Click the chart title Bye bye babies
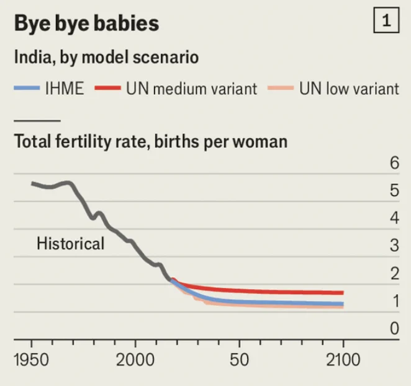pos(86,24)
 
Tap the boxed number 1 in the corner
pos(386,20)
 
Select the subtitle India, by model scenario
pos(106,57)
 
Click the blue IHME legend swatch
pos(27,88)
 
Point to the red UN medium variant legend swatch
pos(108,88)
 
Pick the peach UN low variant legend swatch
pos(281,88)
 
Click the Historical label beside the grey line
pos(71,243)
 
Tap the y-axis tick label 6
pos(394,163)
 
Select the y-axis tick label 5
pos(394,191)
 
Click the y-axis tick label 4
pos(394,218)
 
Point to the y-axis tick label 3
pos(394,246)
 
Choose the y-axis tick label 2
pos(394,273)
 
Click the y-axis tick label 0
pos(394,328)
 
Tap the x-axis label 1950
pos(32,359)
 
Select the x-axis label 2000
pos(135,359)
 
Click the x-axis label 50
pos(239,359)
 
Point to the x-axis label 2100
pos(343,359)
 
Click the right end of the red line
pos(343,293)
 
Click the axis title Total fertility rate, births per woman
pos(151,141)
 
